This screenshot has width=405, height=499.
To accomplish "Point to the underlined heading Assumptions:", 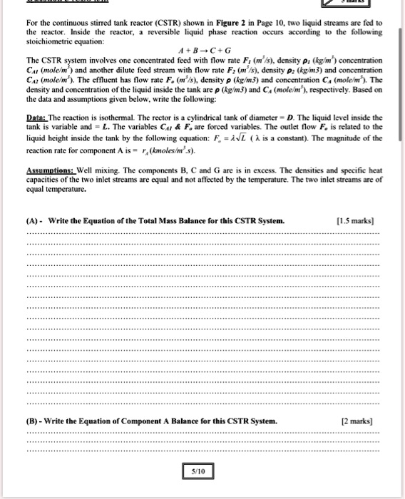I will (x=48, y=171).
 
